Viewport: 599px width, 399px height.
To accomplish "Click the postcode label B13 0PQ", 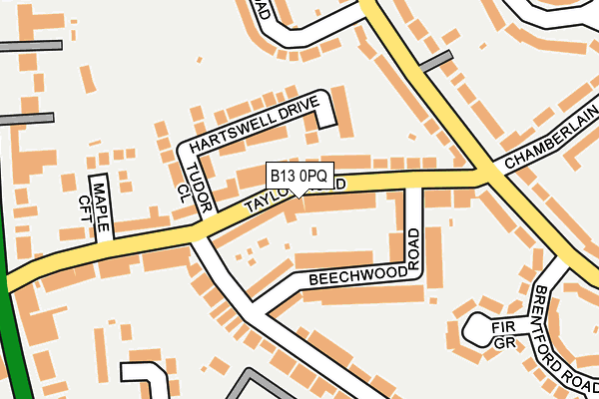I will click(x=298, y=177).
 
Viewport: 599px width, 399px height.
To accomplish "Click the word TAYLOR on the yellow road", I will click(x=270, y=199).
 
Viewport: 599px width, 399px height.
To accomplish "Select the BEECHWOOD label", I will click(x=357, y=274).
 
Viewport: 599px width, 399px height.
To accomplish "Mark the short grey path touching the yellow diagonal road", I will click(x=435, y=62).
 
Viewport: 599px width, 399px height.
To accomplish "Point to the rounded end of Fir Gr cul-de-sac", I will click(x=473, y=327).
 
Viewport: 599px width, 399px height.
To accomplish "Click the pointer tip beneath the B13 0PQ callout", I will click(x=299, y=195).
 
